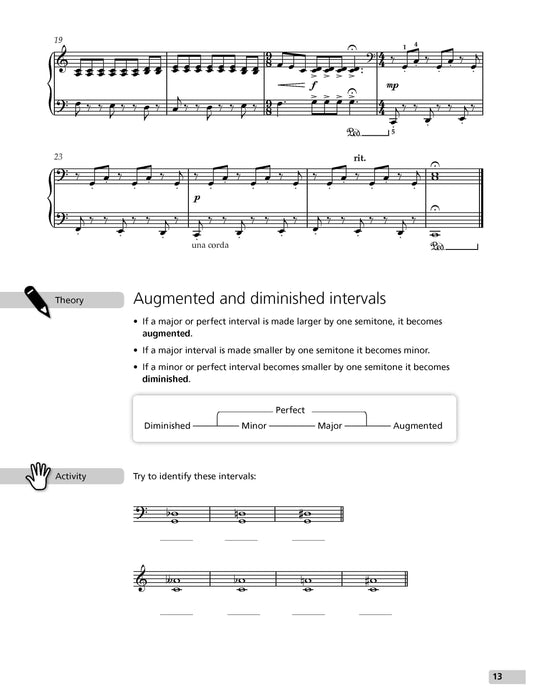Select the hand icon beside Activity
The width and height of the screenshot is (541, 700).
click(38, 473)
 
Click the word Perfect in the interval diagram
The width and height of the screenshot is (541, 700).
click(290, 410)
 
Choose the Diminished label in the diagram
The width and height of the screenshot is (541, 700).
click(167, 426)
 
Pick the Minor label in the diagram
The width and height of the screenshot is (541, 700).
click(254, 426)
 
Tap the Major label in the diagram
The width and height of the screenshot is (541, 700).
click(330, 426)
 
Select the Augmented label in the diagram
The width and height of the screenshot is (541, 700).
click(417, 426)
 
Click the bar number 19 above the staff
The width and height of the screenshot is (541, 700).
click(60, 39)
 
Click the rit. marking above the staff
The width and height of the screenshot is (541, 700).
click(361, 157)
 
